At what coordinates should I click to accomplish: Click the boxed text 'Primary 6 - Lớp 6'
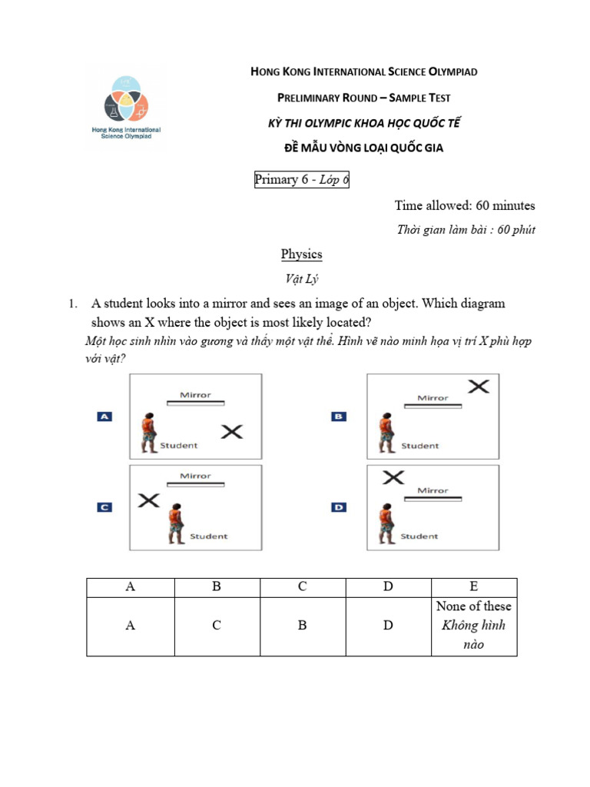[302, 180]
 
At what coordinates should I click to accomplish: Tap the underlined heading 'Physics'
[301, 254]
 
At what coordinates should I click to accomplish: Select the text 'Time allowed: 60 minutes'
[465, 205]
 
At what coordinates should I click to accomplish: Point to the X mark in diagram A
[232, 432]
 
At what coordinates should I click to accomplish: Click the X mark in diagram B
[478, 386]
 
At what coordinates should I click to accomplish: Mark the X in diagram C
[148, 500]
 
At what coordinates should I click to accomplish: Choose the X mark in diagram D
[393, 477]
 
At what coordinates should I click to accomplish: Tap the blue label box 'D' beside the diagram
[339, 507]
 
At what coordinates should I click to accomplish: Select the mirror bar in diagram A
[196, 403]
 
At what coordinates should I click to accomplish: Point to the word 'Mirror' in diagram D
[433, 490]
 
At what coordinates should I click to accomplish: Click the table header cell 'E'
[473, 586]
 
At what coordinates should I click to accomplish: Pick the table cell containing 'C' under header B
[217, 626]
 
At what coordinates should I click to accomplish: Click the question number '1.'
[74, 304]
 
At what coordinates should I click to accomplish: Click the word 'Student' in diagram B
[420, 446]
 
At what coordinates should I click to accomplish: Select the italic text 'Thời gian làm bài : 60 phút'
[466, 230]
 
